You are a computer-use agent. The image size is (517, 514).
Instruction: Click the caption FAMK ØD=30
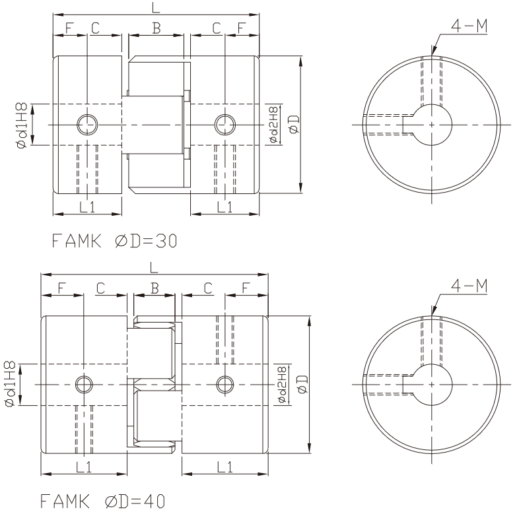click(114, 241)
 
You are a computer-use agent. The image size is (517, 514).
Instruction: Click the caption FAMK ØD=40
click(102, 501)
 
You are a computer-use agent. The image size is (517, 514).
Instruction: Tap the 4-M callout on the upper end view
click(469, 26)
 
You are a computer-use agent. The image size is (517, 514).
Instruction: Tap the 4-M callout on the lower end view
click(469, 286)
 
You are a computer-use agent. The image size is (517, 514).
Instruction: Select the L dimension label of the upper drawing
click(156, 7)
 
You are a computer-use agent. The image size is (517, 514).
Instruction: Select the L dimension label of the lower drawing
click(154, 267)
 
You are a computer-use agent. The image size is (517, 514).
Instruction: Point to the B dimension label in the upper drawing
click(156, 28)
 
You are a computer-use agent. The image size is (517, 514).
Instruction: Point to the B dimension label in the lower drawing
click(155, 288)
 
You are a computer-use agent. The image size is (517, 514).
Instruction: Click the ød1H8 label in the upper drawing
click(22, 125)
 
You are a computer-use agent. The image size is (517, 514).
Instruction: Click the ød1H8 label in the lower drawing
click(10, 384)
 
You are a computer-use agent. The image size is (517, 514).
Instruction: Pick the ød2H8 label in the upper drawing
click(274, 124)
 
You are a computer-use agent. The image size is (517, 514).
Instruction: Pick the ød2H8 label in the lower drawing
click(283, 384)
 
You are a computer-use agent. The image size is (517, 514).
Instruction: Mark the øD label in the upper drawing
click(294, 124)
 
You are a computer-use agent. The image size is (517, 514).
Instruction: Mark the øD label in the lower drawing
click(303, 384)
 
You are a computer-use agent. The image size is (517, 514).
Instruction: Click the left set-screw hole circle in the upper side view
click(87, 125)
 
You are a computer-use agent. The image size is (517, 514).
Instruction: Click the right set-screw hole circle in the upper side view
click(225, 125)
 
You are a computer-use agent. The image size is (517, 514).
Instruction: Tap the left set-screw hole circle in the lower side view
click(84, 385)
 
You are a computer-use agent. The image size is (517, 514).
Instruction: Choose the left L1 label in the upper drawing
click(87, 207)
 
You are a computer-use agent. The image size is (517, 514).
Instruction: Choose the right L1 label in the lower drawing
click(224, 467)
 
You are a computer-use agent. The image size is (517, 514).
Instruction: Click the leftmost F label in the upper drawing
click(69, 28)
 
